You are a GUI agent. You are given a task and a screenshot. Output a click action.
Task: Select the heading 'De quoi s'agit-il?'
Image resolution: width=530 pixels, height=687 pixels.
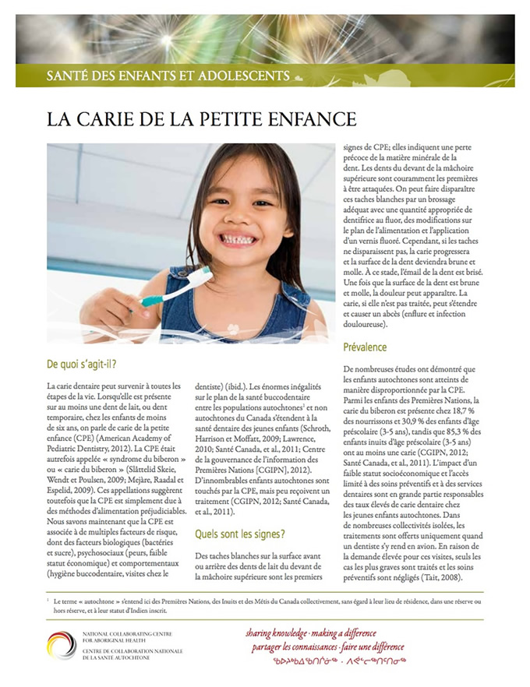(87, 364)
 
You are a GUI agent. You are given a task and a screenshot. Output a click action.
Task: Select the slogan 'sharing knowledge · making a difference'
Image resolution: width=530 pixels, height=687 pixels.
(321, 633)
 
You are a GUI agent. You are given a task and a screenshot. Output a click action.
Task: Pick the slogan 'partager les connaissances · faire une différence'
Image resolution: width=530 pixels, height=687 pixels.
(328, 647)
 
